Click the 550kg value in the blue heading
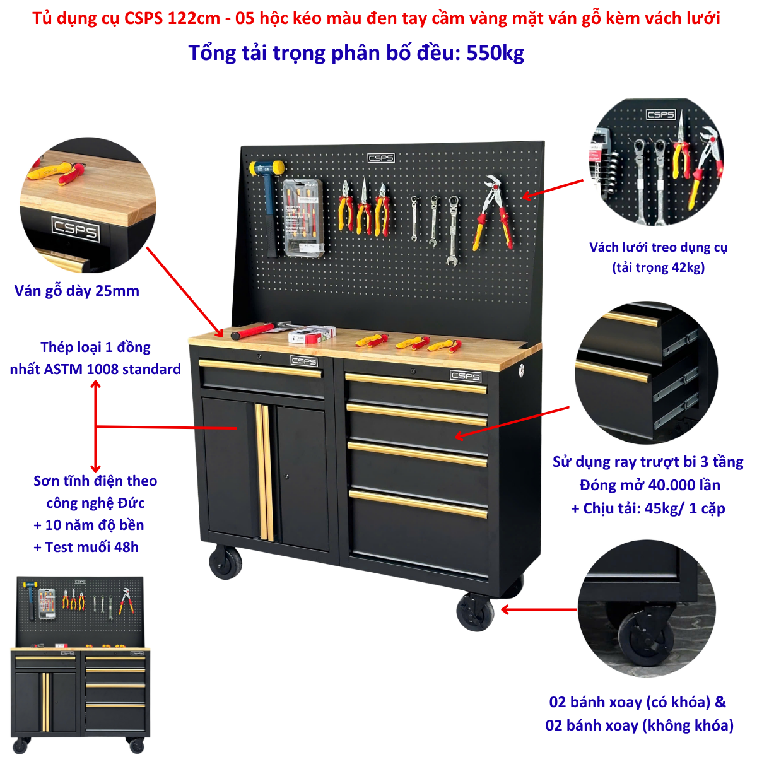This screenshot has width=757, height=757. [x=495, y=53]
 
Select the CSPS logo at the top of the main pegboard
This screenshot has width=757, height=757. [x=381, y=158]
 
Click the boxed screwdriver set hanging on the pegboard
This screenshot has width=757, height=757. [x=304, y=218]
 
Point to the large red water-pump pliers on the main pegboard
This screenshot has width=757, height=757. [x=494, y=212]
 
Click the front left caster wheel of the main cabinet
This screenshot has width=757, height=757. [x=225, y=563]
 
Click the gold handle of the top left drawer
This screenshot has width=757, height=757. [x=260, y=368]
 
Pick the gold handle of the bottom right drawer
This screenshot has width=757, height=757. [x=418, y=503]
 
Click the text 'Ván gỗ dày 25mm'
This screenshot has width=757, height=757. [x=77, y=291]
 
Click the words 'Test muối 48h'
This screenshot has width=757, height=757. [x=92, y=547]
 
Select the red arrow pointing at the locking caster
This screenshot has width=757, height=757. [x=539, y=609]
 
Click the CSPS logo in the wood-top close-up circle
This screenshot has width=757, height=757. [x=76, y=228]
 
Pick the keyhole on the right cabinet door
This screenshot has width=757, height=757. [x=287, y=477]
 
